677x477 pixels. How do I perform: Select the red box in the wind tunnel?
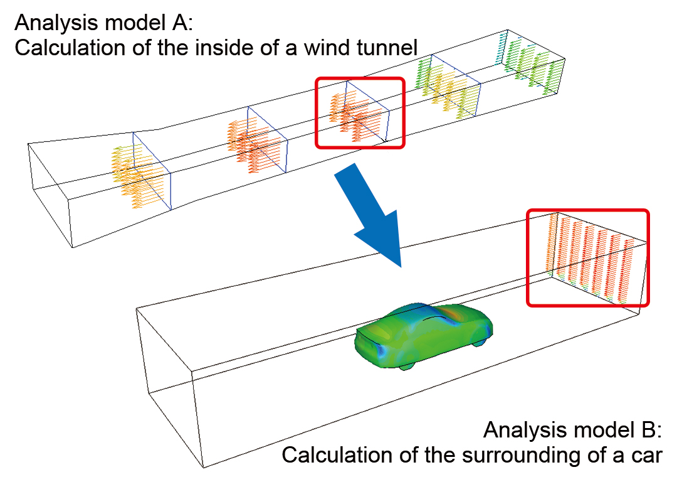[360, 113]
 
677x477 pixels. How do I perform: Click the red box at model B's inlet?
[587, 258]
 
